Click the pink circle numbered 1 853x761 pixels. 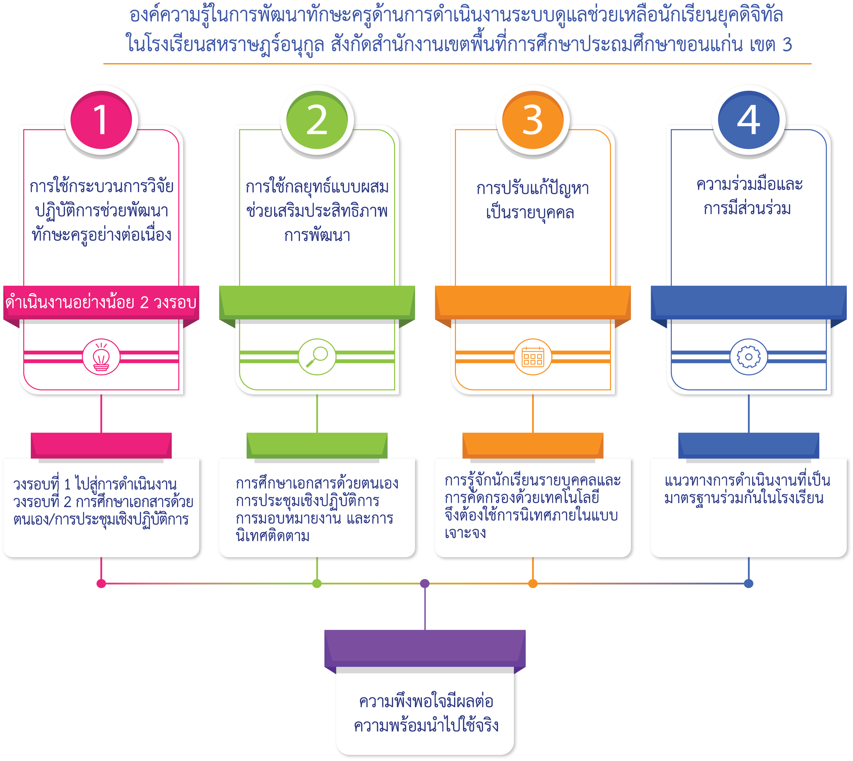pyautogui.click(x=101, y=120)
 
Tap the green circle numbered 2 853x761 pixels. pyautogui.click(x=317, y=120)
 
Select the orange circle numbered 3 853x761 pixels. pyautogui.click(x=533, y=120)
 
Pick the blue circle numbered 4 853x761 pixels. pyautogui.click(x=748, y=120)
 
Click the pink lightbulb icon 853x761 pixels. pyautogui.click(x=101, y=357)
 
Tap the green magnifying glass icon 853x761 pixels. pyautogui.click(x=317, y=357)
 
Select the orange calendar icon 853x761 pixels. pyautogui.click(x=533, y=357)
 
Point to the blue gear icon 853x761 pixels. pyautogui.click(x=748, y=357)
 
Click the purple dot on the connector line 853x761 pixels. pyautogui.click(x=425, y=583)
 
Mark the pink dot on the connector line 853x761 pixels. pyautogui.click(x=101, y=583)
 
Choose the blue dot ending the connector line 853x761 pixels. pyautogui.click(x=748, y=583)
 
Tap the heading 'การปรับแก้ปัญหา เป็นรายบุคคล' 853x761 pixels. pyautogui.click(x=532, y=200)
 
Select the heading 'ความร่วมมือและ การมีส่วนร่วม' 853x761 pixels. pyautogui.click(x=748, y=196)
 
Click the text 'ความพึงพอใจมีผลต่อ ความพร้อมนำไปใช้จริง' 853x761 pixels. pyautogui.click(x=426, y=713)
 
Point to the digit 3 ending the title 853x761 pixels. pyautogui.click(x=787, y=44)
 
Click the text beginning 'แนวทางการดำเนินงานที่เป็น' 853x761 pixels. pyautogui.click(x=747, y=489)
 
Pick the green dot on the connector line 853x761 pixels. pyautogui.click(x=317, y=583)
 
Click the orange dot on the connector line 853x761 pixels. pyautogui.click(x=533, y=583)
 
